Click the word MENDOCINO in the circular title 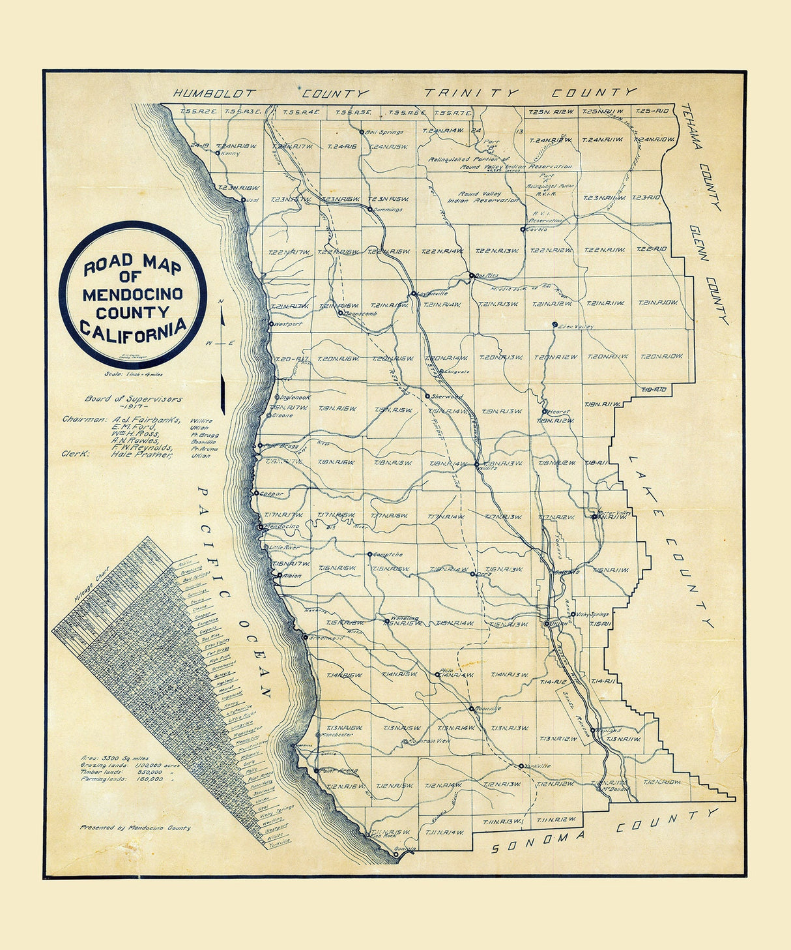132,294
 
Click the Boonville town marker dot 471,707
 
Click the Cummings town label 388,210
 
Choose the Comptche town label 388,555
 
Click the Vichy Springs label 592,614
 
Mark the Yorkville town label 538,766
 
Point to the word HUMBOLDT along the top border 217,93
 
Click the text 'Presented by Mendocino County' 136,828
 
